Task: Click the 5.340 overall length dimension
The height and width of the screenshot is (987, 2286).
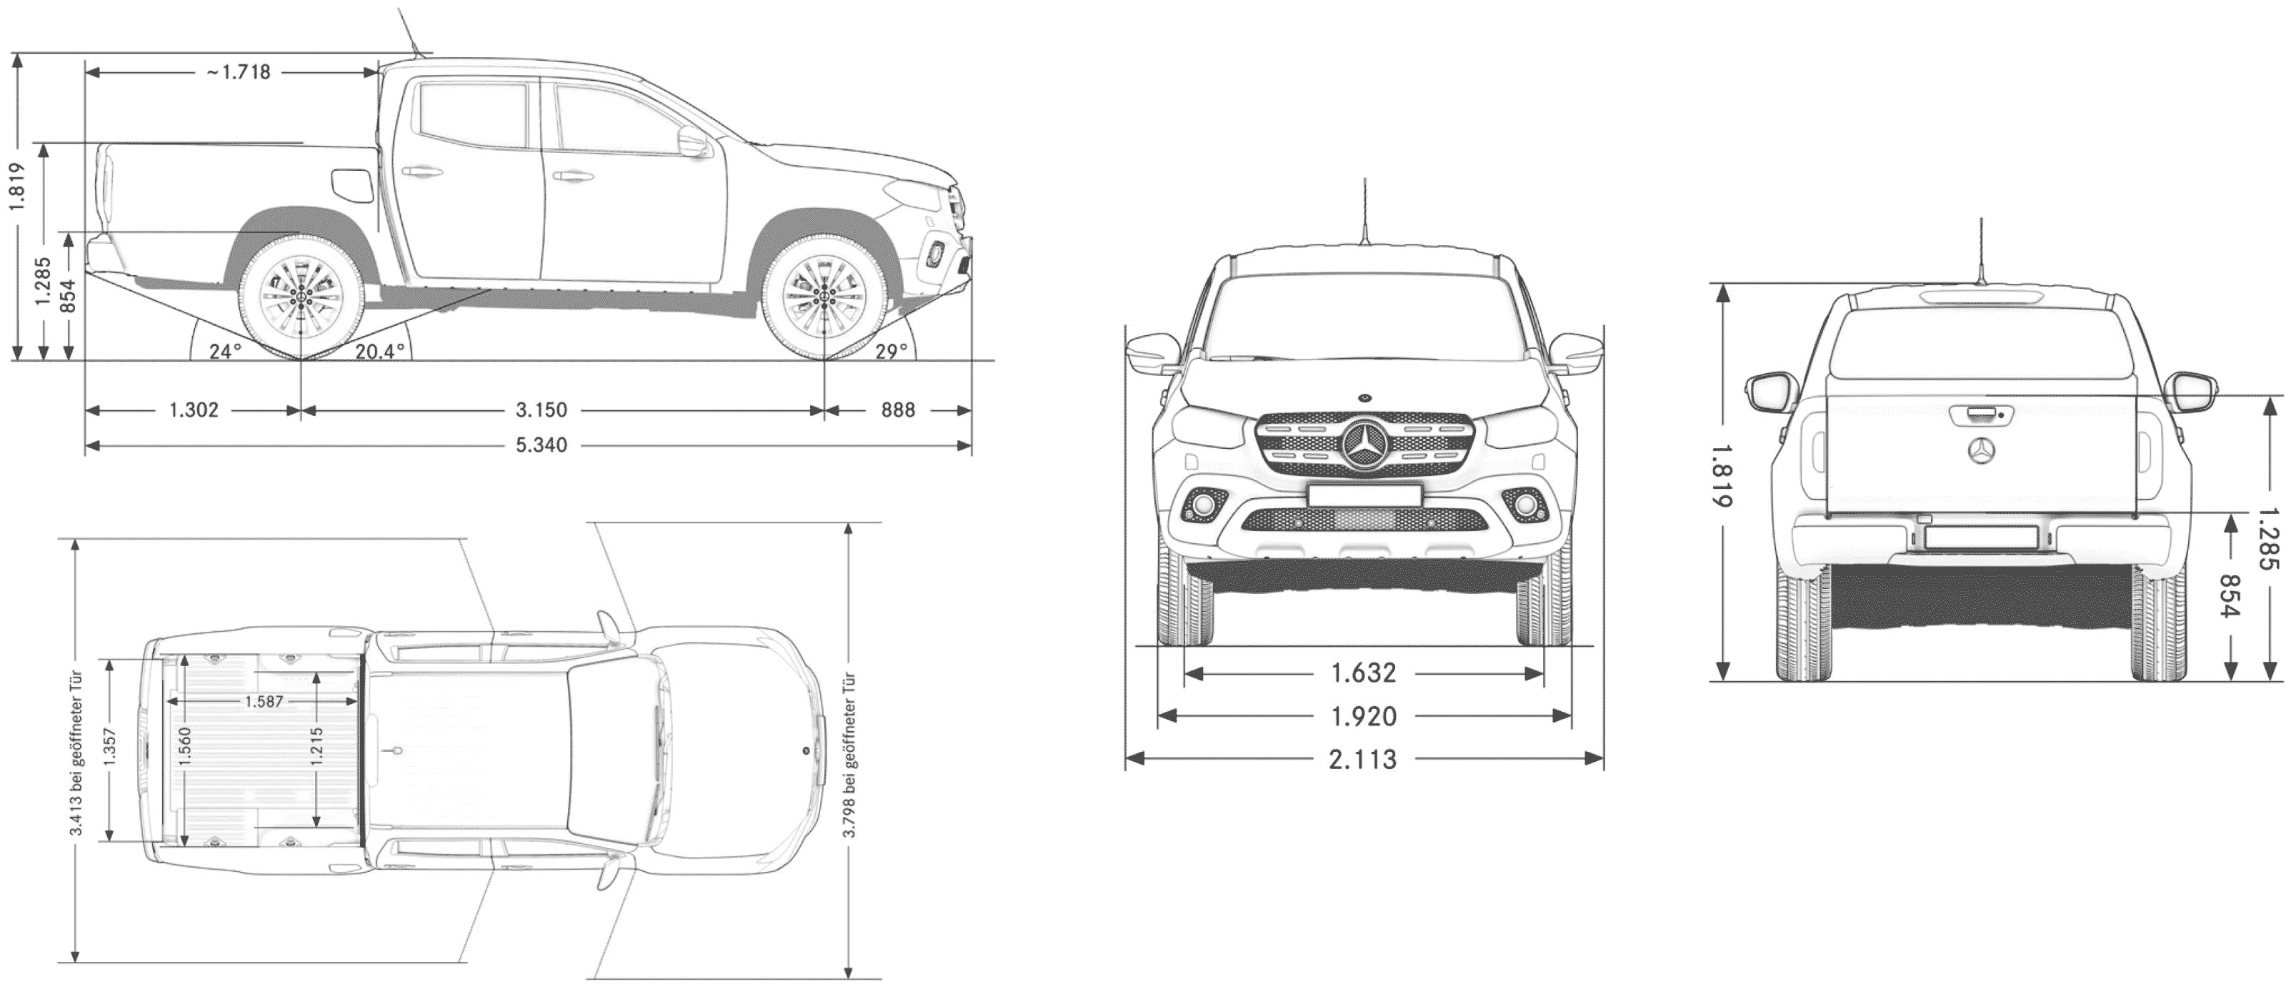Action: [541, 445]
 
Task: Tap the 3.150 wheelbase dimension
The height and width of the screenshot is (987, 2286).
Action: [541, 410]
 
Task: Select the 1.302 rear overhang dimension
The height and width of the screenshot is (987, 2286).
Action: [194, 410]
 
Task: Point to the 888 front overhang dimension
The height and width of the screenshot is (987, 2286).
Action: [898, 410]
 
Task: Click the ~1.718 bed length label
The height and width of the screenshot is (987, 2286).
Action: [239, 72]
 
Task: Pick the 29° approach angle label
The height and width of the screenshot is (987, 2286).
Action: [892, 351]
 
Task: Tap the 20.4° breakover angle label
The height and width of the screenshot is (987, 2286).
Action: [380, 352]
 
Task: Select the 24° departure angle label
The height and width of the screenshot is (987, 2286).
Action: [226, 352]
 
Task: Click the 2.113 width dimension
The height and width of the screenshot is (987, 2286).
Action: [1363, 759]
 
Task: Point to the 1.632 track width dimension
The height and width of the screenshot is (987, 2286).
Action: [1364, 673]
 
